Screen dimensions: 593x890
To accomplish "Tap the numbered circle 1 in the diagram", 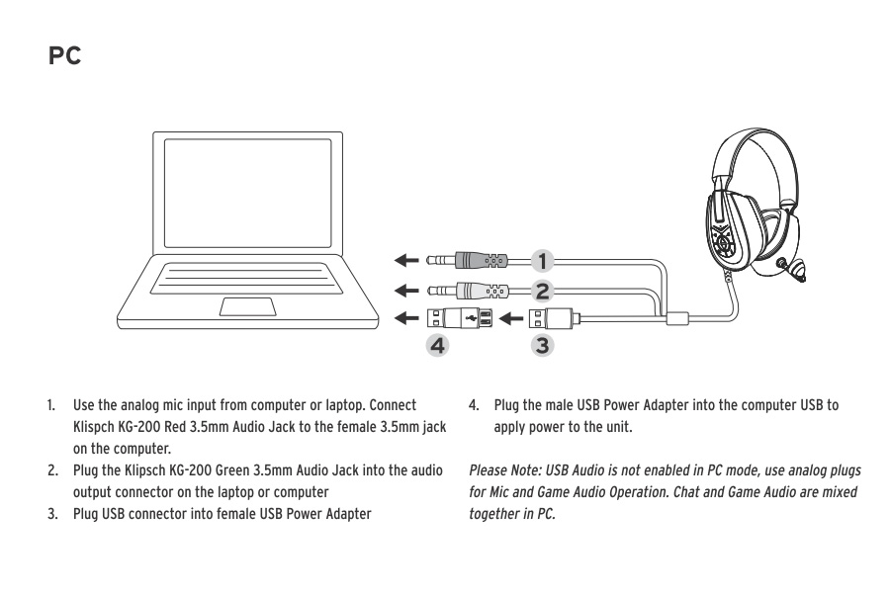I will click(x=542, y=261).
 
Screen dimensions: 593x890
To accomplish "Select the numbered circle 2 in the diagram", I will click(x=542, y=291).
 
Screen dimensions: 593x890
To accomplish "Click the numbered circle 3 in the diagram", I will click(x=542, y=346).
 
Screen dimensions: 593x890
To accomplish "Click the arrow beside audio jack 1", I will click(x=404, y=261).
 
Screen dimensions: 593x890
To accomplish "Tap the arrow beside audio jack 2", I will click(x=404, y=291).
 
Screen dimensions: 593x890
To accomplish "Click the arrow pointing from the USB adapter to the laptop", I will click(x=404, y=318).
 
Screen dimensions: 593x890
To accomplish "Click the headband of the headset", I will click(x=752, y=153).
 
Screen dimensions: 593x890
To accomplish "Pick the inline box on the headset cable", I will click(x=678, y=318).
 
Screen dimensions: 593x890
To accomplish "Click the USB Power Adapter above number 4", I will click(x=459, y=318).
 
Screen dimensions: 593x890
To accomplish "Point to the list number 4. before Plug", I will click(x=474, y=406).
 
